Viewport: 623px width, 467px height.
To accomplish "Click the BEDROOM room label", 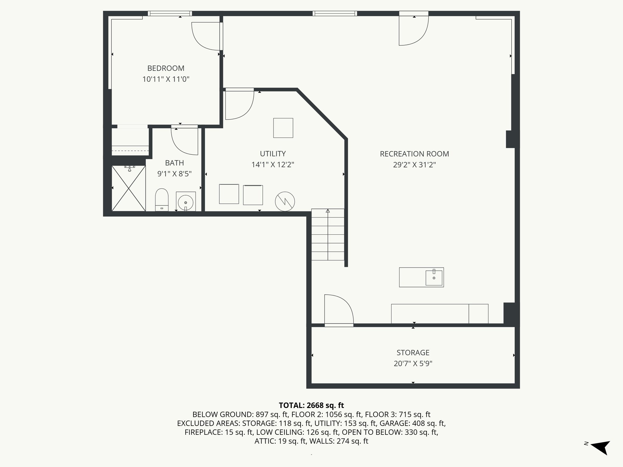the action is click(x=166, y=68).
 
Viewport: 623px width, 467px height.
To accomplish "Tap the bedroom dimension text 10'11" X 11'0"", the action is click(x=166, y=79).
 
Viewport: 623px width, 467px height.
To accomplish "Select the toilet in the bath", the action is click(x=162, y=200).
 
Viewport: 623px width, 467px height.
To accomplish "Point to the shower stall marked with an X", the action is click(x=129, y=188).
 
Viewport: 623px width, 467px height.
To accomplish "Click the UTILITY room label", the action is click(x=273, y=154).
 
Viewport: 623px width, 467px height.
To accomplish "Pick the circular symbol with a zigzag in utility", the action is click(x=285, y=202).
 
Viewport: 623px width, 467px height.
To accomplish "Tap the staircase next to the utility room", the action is click(x=328, y=234).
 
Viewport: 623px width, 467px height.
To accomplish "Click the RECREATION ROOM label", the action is click(x=414, y=154).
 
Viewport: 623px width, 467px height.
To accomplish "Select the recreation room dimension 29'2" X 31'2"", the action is click(x=414, y=165).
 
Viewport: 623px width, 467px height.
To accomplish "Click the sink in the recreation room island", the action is click(x=434, y=278).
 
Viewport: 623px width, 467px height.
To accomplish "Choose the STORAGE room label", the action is click(x=413, y=353).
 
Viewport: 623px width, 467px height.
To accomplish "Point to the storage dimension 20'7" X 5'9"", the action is click(x=413, y=364).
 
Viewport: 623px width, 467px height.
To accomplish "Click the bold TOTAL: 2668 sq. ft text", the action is click(x=311, y=405).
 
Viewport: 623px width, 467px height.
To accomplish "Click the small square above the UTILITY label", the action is click(x=283, y=128).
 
